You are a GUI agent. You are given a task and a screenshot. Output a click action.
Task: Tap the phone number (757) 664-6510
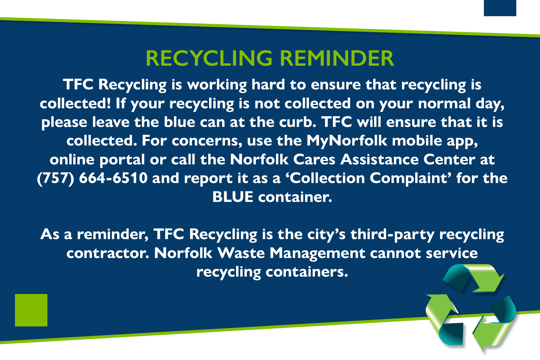pos(92,178)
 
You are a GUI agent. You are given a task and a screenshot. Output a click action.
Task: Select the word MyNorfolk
pos(347,141)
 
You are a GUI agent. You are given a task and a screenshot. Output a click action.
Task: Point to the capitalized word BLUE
pos(233,197)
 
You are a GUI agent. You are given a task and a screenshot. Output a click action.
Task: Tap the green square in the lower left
pos(31,310)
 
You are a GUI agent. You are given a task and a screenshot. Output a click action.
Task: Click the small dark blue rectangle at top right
pos(500,8)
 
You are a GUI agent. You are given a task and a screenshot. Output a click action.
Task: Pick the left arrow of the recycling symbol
pos(442,319)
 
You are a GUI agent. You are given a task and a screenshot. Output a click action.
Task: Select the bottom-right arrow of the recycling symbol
pos(495,325)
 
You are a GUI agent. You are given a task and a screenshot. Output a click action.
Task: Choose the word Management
pos(317,253)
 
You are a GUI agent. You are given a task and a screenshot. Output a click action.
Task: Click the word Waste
pos(241,253)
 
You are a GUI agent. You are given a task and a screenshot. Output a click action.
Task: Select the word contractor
pos(108,253)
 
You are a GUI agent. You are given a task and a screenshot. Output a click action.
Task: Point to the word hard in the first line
pos(268,85)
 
